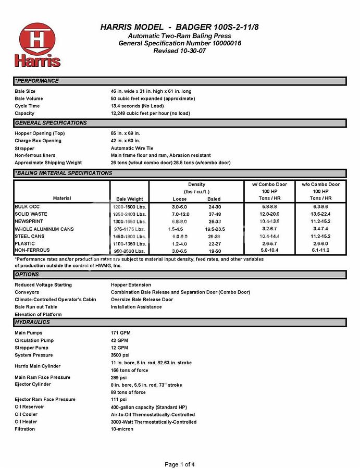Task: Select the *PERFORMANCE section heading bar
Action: click(180, 81)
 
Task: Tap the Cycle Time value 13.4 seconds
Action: click(137, 106)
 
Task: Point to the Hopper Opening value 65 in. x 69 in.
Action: click(126, 133)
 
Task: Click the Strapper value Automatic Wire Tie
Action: click(132, 148)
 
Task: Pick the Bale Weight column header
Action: click(129, 199)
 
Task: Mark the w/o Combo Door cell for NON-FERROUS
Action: click(320, 250)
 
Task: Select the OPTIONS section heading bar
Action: click(180, 275)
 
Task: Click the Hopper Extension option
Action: click(131, 285)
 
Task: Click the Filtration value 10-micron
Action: click(122, 429)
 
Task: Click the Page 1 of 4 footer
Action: click(180, 464)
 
